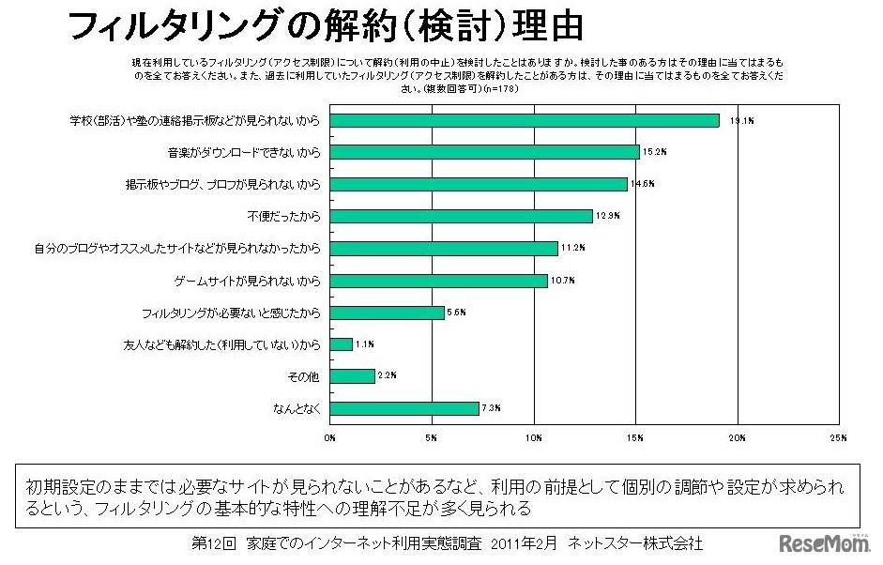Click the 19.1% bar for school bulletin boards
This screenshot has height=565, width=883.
(x=525, y=120)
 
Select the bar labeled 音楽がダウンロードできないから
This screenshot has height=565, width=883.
(x=485, y=152)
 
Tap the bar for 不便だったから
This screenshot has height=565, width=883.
(x=461, y=216)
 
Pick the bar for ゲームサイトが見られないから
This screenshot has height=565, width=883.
(x=438, y=281)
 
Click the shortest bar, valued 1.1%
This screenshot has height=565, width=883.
(x=341, y=344)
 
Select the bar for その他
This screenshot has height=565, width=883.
(x=352, y=376)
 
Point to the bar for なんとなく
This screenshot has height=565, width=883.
(x=404, y=408)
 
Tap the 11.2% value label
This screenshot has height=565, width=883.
(x=572, y=248)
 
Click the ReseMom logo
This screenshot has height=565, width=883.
(x=825, y=543)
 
